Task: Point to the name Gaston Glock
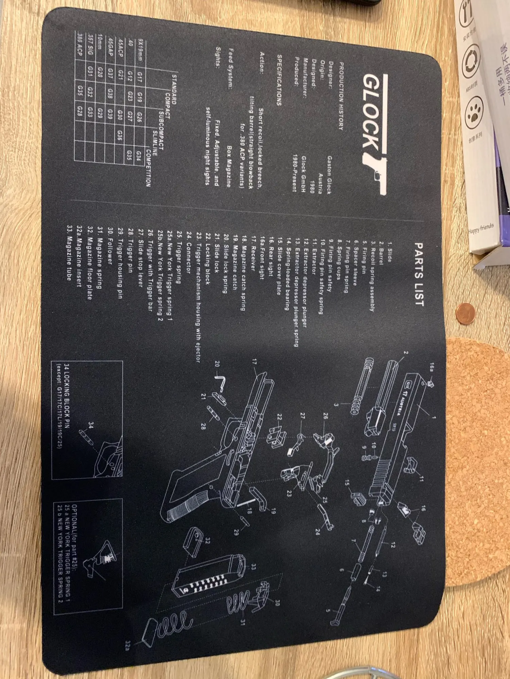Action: click(329, 175)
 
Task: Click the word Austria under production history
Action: click(320, 183)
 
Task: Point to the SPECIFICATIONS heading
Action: click(279, 80)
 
